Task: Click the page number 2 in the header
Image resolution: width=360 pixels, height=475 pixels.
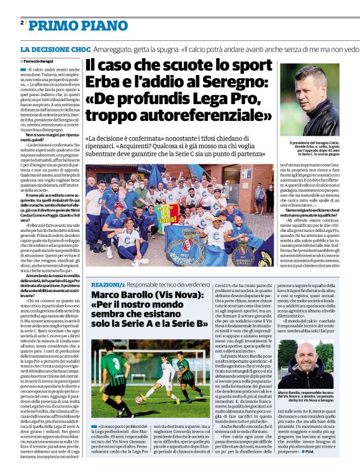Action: point(22,22)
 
